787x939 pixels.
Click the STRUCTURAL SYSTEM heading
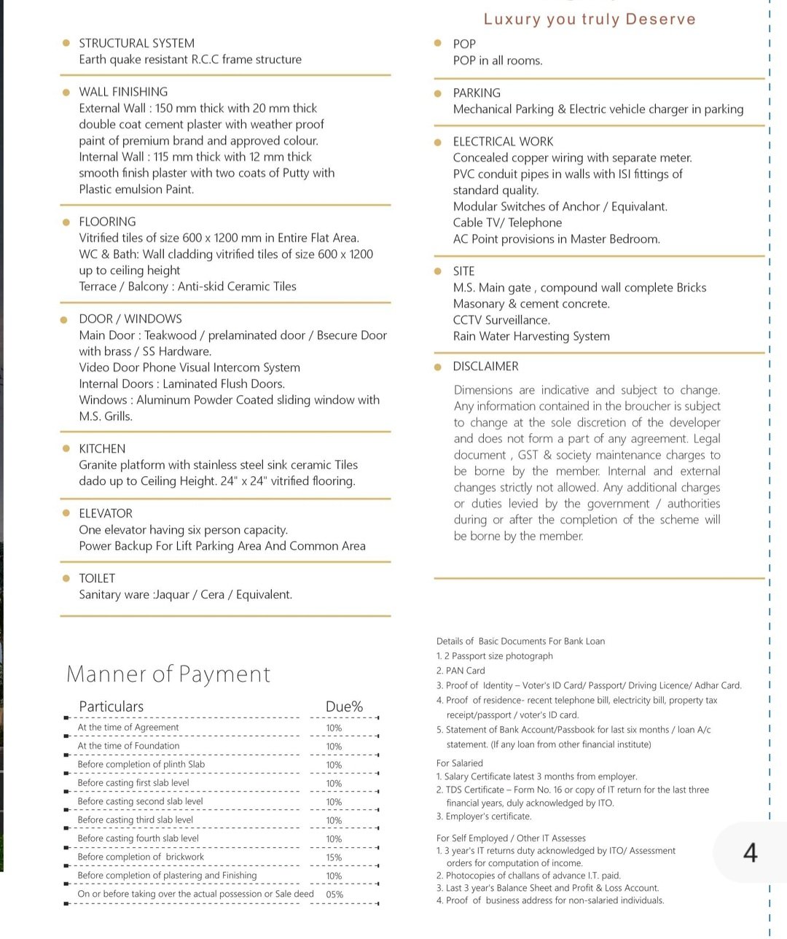pos(136,43)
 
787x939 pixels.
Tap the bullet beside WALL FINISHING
pos(66,92)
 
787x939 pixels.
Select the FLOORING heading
pos(107,222)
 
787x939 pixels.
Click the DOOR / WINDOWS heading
pos(130,319)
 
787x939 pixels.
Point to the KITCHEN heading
pos(102,448)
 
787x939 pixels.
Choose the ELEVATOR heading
pos(106,513)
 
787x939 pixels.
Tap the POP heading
pos(464,44)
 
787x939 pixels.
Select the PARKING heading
pos(477,93)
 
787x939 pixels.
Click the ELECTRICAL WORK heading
pos(503,141)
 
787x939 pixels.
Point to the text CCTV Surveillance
pos(501,320)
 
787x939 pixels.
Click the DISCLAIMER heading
pos(485,366)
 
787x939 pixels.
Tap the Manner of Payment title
pos(168,674)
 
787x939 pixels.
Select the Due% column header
pos(344,706)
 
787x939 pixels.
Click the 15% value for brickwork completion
pos(334,858)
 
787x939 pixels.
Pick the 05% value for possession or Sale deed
pos(334,895)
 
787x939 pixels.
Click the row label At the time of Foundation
pos(128,746)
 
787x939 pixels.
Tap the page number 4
pos(750,852)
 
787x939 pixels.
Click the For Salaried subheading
pos(459,763)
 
